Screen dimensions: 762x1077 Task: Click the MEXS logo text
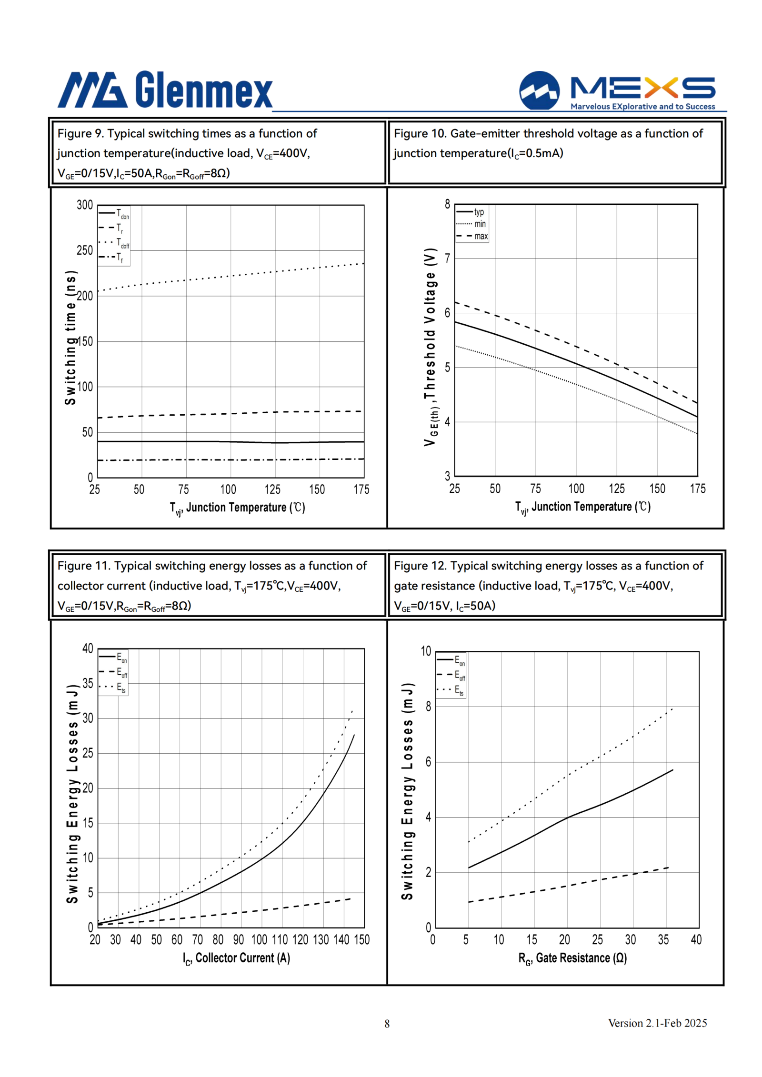pyautogui.click(x=642, y=88)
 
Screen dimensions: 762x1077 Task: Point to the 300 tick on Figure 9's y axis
pyautogui.click(x=85, y=205)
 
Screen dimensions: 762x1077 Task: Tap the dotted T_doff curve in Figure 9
pyautogui.click(x=231, y=276)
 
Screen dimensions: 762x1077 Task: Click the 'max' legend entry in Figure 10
pyautogui.click(x=472, y=236)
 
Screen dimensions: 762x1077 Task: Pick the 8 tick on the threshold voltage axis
pyautogui.click(x=447, y=204)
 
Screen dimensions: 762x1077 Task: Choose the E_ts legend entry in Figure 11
pyautogui.click(x=113, y=687)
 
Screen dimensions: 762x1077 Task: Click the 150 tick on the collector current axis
pyautogui.click(x=361, y=939)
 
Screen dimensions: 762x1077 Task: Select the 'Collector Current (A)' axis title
pyautogui.click(x=236, y=958)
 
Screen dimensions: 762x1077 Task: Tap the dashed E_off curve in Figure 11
pyautogui.click(x=224, y=913)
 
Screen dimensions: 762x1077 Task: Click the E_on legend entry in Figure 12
pyautogui.click(x=451, y=660)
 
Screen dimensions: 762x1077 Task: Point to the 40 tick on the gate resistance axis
pyautogui.click(x=696, y=939)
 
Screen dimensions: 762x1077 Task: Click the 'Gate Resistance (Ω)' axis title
pyautogui.click(x=572, y=958)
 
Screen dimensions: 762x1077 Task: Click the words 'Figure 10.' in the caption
pyautogui.click(x=420, y=133)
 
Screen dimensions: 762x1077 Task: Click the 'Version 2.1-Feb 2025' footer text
pyautogui.click(x=657, y=1023)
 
